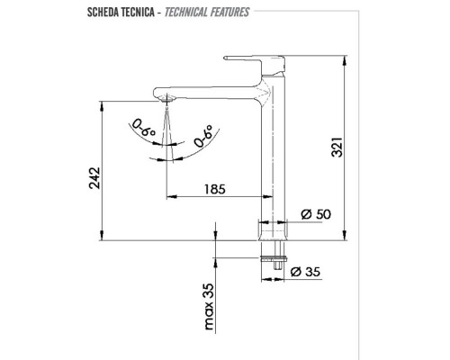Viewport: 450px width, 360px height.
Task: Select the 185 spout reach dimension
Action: (214, 190)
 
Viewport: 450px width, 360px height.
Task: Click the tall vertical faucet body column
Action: (271, 153)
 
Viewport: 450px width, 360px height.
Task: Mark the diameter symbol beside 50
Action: (302, 214)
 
